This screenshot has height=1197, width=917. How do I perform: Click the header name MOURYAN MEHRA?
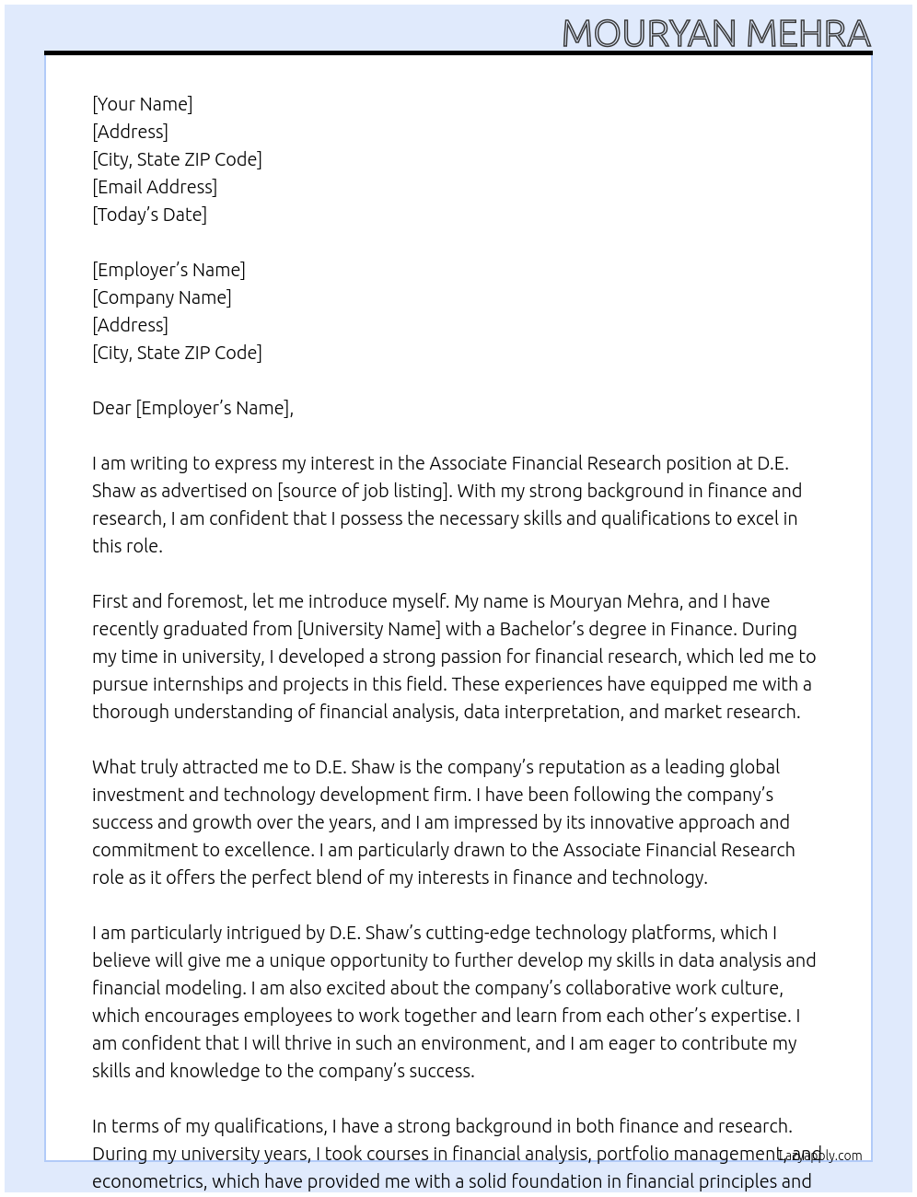716,33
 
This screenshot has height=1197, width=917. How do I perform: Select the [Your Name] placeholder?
143,104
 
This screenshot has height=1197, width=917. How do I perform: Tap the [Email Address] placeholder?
155,187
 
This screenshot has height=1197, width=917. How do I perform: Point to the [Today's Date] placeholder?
149,215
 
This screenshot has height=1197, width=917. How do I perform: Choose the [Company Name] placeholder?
162,297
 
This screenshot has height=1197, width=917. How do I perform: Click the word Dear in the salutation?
111,408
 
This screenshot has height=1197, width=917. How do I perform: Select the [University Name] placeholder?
369,629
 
